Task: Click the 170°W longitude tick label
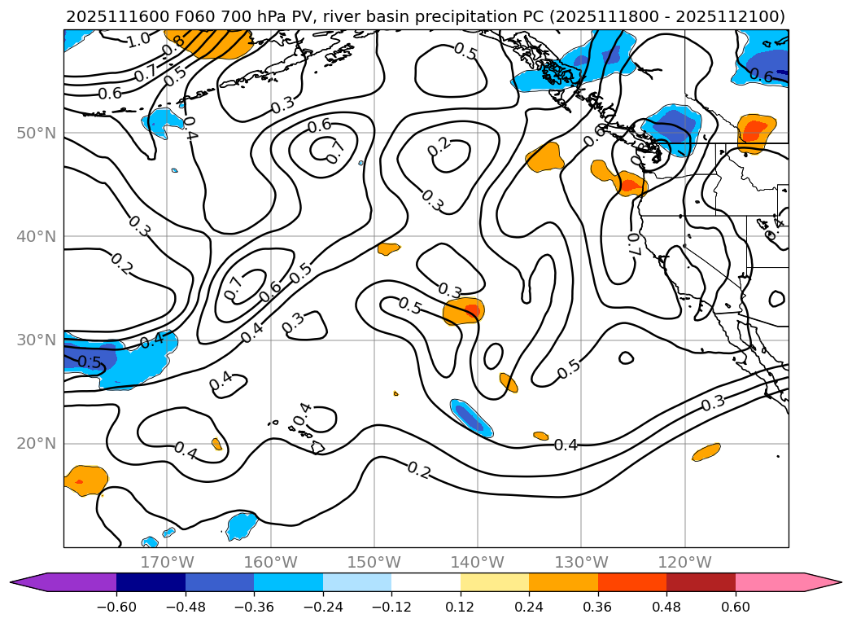pos(167,562)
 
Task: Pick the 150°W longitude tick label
pos(374,562)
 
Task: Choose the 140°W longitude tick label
pos(478,562)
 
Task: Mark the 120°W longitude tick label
pos(684,562)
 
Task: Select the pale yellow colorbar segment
pos(495,582)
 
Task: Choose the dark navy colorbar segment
pos(151,582)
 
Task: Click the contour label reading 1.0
pos(138,39)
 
